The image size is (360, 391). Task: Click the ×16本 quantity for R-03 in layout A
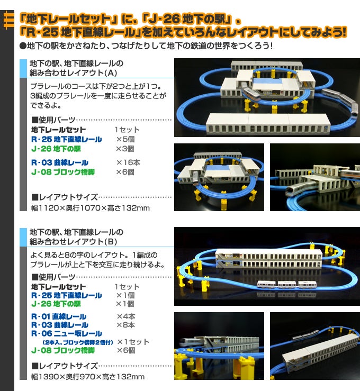click(128, 162)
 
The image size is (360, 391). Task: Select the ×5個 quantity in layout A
click(125, 139)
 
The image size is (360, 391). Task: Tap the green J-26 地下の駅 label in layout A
click(56, 149)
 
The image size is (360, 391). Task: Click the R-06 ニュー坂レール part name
click(67, 333)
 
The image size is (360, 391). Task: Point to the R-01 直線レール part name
click(59, 316)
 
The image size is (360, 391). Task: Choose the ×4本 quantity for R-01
click(126, 316)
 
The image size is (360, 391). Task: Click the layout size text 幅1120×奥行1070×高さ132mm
click(91, 208)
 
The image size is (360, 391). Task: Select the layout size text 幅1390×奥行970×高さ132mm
click(87, 377)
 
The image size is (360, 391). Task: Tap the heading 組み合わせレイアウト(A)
click(74, 73)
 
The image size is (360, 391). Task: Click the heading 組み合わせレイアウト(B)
click(74, 241)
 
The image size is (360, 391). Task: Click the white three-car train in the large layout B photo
click(287, 284)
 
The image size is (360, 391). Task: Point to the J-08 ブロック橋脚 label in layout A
click(63, 172)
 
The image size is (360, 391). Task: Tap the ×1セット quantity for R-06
click(133, 342)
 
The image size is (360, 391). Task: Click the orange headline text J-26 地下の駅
click(186, 20)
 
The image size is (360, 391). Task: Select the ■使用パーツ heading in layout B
click(53, 277)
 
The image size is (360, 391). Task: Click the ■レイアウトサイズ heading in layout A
click(65, 197)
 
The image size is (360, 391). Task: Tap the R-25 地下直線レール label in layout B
click(66, 295)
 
